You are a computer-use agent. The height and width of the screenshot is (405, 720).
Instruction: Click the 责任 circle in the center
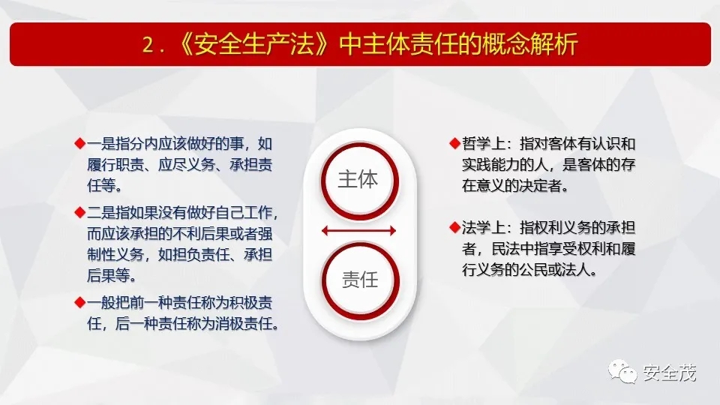[x=361, y=280]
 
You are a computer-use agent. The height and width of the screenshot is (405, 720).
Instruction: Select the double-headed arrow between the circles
[x=358, y=230]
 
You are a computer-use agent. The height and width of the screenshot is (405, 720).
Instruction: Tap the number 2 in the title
[x=148, y=45]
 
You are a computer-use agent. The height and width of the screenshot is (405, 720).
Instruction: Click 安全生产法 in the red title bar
[x=254, y=44]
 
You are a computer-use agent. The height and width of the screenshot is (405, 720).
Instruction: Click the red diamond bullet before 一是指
[x=80, y=144]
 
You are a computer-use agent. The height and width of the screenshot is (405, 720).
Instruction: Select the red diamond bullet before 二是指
[x=80, y=212]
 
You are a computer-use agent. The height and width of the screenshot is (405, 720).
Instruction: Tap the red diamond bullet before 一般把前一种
[x=80, y=302]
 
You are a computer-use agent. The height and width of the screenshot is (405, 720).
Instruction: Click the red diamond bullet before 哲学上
[x=454, y=144]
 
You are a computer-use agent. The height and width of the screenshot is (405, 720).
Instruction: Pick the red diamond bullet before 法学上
[x=454, y=227]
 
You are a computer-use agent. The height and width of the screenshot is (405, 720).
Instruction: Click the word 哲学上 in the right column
[x=484, y=144]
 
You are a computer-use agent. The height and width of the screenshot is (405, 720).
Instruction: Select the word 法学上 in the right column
[x=484, y=227]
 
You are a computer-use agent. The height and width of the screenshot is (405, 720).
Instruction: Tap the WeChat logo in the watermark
[x=622, y=371]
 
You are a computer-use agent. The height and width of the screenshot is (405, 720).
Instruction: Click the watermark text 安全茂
[x=670, y=373]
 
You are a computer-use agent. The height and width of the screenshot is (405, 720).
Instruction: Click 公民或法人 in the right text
[x=557, y=269]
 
